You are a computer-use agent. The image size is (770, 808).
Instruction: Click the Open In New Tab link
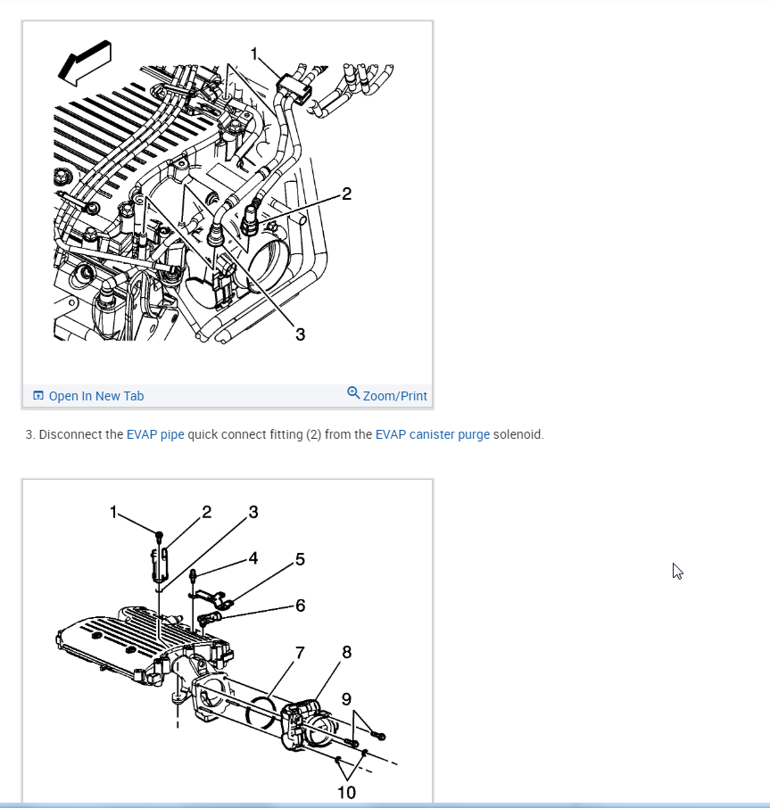pos(95,396)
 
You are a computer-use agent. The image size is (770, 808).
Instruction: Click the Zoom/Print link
pos(394,396)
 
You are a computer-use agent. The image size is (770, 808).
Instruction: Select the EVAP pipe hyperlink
pos(155,435)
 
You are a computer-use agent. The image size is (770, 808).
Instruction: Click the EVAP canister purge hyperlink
pos(432,435)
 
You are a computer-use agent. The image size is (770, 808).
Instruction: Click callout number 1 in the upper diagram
pos(255,54)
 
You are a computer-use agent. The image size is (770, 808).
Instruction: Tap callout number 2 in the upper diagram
pos(346,194)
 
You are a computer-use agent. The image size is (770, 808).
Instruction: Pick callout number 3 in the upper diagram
pos(300,334)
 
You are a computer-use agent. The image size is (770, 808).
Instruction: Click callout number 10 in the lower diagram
pos(346,792)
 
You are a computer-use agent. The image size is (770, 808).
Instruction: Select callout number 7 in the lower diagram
pos(300,652)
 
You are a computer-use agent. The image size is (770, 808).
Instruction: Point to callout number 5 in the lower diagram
pos(300,559)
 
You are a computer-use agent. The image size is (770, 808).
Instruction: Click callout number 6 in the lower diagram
pos(300,606)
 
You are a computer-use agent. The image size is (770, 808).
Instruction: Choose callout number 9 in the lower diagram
pos(346,698)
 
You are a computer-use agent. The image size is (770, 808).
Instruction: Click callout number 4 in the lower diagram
pos(253,558)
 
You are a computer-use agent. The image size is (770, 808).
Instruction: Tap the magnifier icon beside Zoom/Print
pos(353,392)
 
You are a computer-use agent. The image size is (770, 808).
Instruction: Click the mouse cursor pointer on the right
pos(677,571)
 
